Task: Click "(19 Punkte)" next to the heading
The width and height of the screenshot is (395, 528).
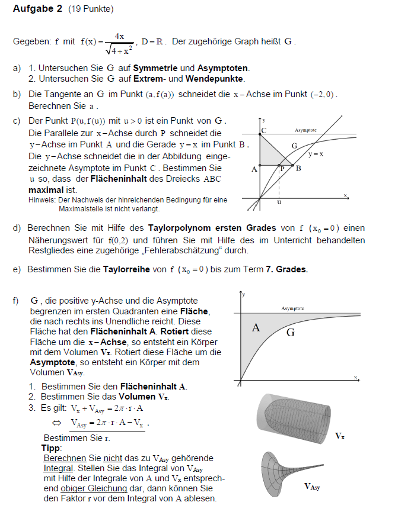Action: [91, 9]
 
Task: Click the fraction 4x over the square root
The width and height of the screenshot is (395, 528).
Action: [119, 43]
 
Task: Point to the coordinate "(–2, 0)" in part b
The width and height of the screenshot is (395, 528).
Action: [323, 95]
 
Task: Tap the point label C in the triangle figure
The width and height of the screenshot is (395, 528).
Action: [263, 130]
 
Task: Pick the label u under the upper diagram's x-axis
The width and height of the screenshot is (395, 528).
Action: [279, 202]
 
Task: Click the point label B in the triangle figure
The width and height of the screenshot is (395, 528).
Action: [298, 168]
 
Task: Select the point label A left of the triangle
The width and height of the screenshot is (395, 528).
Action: [254, 169]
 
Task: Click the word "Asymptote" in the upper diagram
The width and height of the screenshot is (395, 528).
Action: [305, 130]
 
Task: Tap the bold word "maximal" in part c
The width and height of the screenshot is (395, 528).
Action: [45, 190]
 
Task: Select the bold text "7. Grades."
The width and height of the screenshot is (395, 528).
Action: [286, 269]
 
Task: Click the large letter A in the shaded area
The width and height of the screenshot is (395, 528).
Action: [256, 328]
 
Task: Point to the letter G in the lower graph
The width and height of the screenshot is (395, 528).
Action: [290, 333]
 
